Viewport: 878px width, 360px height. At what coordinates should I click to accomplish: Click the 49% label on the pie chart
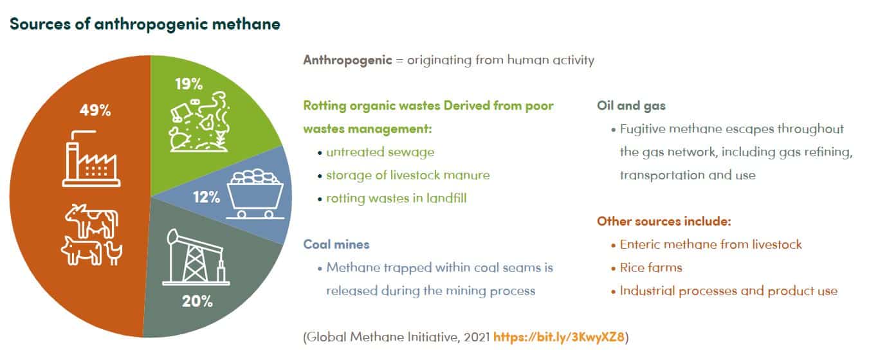pos(95,110)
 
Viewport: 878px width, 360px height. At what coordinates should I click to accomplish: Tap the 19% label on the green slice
pos(188,84)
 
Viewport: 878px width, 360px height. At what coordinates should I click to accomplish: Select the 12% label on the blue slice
pos(206,197)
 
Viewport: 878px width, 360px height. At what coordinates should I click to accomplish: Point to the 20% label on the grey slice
pos(197,301)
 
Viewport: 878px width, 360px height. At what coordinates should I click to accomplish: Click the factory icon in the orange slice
pos(91,159)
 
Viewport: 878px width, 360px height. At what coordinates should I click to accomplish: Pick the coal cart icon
pos(255,194)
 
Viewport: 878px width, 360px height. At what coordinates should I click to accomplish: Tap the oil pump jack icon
pos(196,257)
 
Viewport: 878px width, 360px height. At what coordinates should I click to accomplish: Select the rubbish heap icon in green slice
pos(200,122)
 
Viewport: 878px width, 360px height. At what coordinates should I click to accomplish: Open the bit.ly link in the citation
pos(558,337)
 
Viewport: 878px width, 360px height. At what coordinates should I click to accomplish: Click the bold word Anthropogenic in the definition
pos(348,60)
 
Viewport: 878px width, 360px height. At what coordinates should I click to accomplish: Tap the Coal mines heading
pos(336,244)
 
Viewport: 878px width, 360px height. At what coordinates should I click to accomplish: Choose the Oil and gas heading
pos(631,106)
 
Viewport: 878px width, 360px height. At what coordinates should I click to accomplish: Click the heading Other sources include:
pos(664,221)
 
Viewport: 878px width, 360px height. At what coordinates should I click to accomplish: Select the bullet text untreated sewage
pos(380,152)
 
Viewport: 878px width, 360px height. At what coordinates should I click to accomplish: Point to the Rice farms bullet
pos(651,267)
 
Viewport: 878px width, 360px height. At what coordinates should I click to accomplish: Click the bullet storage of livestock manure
pos(408,175)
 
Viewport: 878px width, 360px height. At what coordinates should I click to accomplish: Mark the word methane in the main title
pos(246,24)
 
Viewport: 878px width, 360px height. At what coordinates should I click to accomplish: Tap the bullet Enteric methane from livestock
pos(711,244)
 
